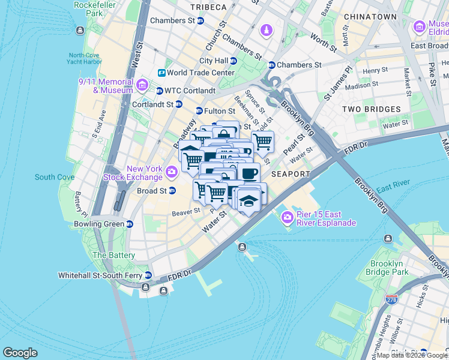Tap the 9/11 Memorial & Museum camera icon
pos(142,85)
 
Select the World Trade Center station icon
pos(161,73)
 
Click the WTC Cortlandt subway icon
pos(159,91)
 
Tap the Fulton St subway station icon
pos(199,111)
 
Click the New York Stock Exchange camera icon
pos(172,173)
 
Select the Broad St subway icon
pos(172,191)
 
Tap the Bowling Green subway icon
pos(129,224)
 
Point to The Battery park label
pos(109,255)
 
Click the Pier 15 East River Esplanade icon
pos(288,217)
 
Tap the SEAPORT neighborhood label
pos(291,174)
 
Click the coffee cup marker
pos(249,173)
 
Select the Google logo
pos(20,353)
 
